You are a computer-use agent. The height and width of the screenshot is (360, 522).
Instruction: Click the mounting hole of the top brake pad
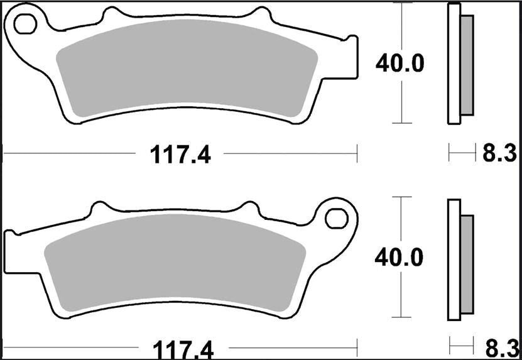[x=25, y=24]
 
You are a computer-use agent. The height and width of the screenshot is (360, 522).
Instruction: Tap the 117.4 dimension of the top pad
[x=180, y=153]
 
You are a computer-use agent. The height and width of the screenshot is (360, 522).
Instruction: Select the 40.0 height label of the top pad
[x=400, y=63]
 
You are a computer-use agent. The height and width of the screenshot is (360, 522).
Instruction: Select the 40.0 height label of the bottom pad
[x=400, y=257]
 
